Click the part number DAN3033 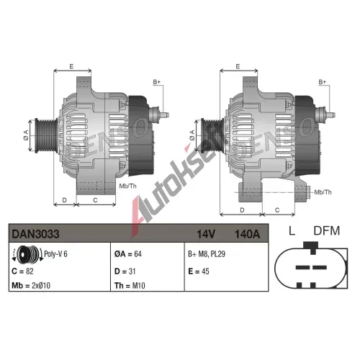pyautogui.click(x=35, y=234)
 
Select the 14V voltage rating pyautogui.click(x=206, y=234)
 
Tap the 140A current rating pyautogui.click(x=247, y=234)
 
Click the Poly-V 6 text pyautogui.click(x=55, y=254)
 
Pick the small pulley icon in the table pyautogui.click(x=27, y=254)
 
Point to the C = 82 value pyautogui.click(x=22, y=271)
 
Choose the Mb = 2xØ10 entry pyautogui.click(x=31, y=285)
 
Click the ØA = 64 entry pyautogui.click(x=128, y=254)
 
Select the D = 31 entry pyautogui.click(x=125, y=271)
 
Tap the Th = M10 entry pyautogui.click(x=130, y=285)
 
